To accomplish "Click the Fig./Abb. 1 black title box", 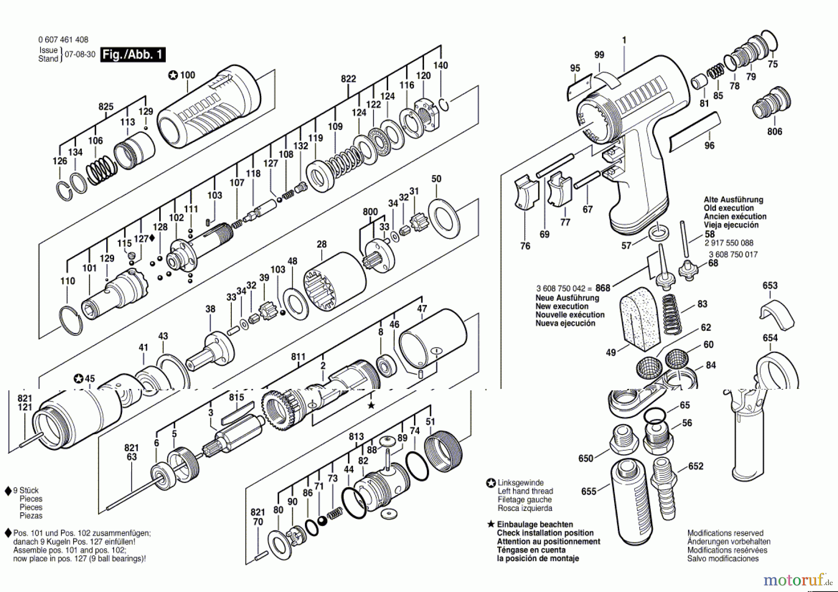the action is coord(133,54).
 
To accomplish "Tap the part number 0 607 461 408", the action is coord(63,40).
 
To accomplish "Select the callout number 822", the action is coord(348,79).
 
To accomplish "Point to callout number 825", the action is coord(106,107).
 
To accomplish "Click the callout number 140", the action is coord(440,65).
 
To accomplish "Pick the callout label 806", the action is coord(775,132).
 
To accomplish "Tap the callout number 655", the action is coord(589,491).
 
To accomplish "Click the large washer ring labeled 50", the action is coord(444,218).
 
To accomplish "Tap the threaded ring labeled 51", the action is coord(444,451).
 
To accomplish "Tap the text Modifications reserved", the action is coord(725,533).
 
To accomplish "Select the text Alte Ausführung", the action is coord(733,200).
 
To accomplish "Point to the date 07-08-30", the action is coord(80,54).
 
